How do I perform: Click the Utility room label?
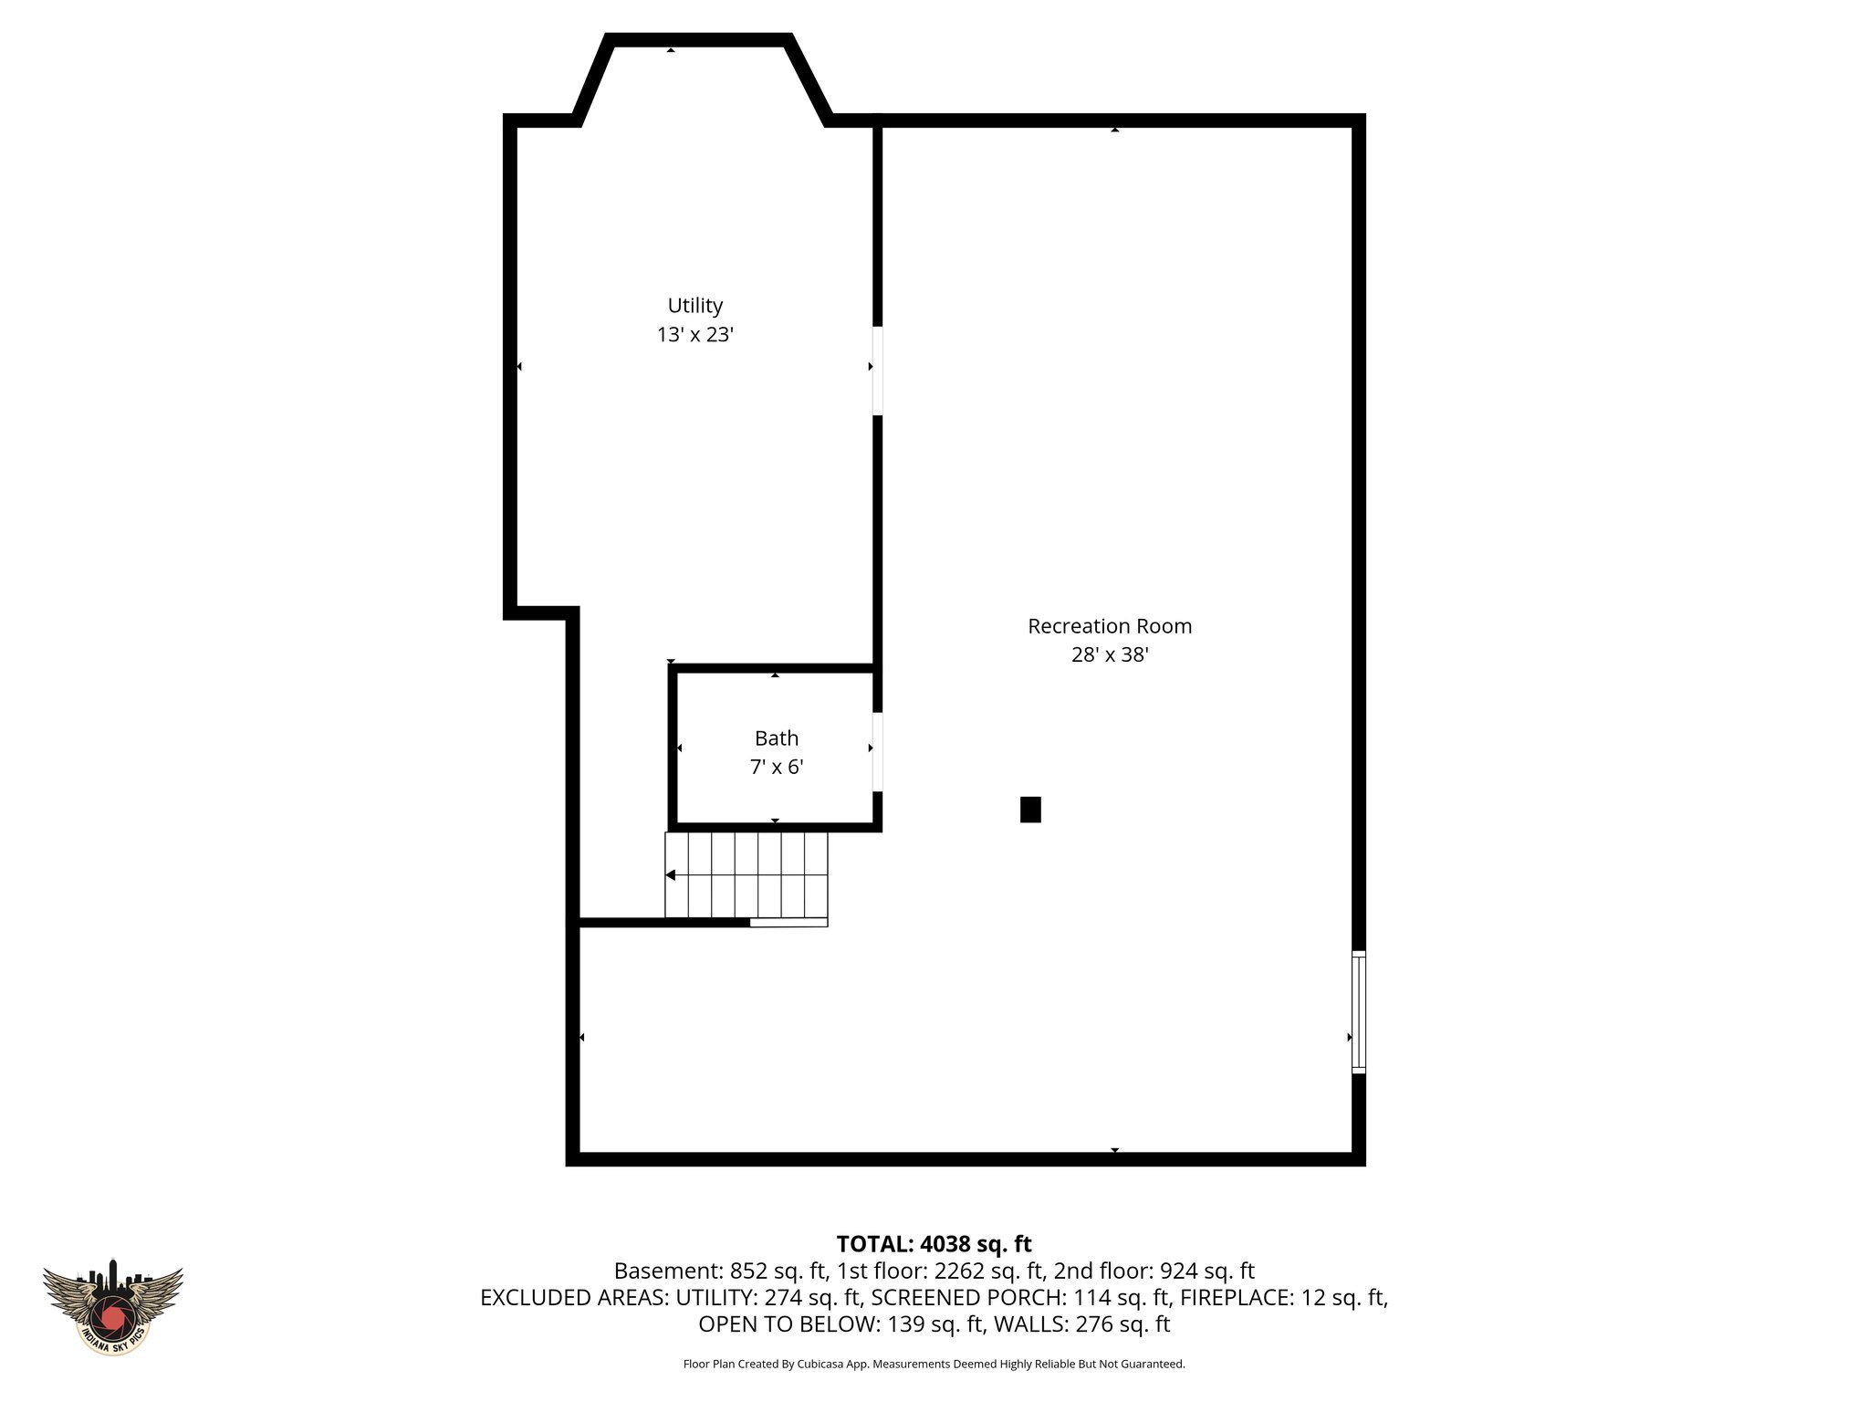coord(694,306)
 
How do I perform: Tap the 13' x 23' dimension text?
coord(694,335)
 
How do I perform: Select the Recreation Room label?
coord(1109,626)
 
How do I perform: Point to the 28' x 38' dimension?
coord(1109,655)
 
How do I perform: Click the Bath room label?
coord(776,738)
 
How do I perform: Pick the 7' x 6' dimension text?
coord(776,768)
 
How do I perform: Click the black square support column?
coord(1030,810)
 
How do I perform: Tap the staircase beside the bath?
coord(747,874)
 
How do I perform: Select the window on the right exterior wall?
coord(1358,1011)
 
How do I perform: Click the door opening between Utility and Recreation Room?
coord(877,371)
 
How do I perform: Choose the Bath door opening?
coord(877,751)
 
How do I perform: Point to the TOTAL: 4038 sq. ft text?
coord(934,1244)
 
